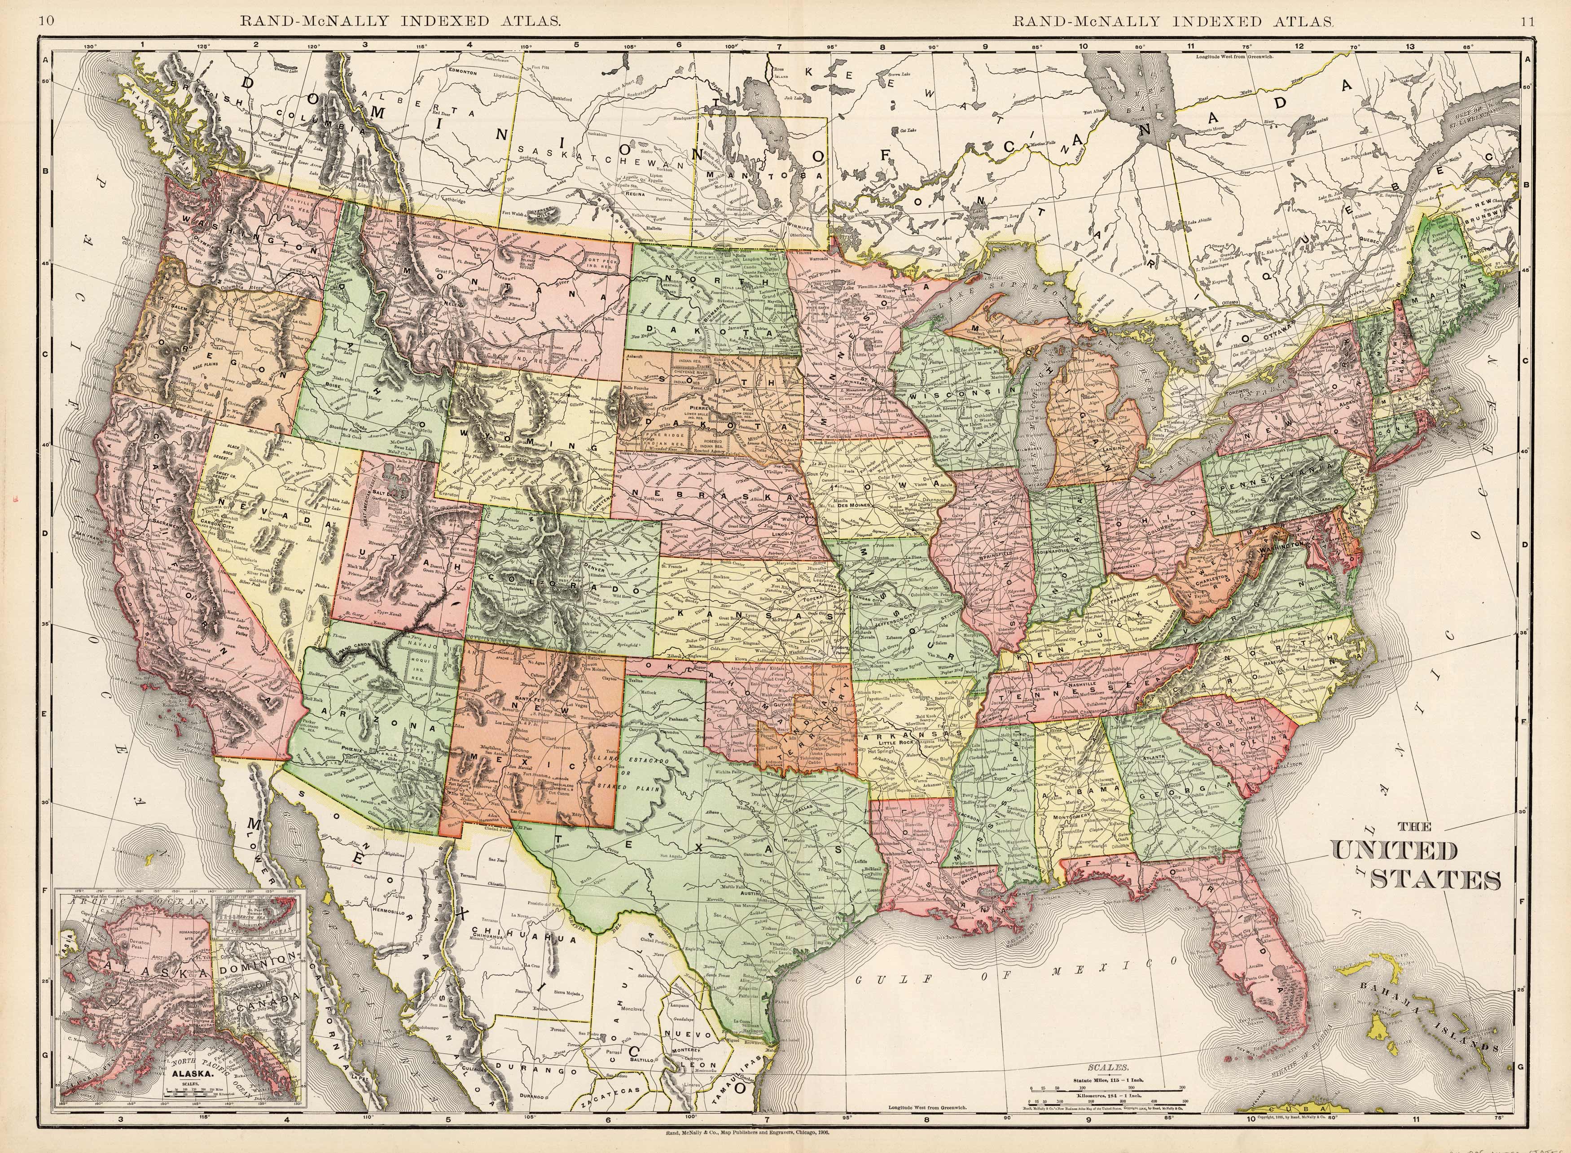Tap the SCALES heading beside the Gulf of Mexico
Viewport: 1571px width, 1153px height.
[1108, 1068]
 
